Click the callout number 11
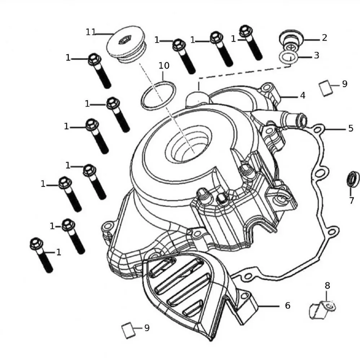click(91, 32)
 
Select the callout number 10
click(164, 66)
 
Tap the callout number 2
click(324, 38)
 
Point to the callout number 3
click(316, 55)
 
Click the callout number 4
click(303, 95)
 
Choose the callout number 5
click(351, 128)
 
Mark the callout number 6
click(287, 305)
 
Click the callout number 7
click(351, 201)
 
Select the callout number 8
click(327, 286)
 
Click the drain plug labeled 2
click(289, 39)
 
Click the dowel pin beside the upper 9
click(326, 88)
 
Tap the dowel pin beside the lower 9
click(127, 330)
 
